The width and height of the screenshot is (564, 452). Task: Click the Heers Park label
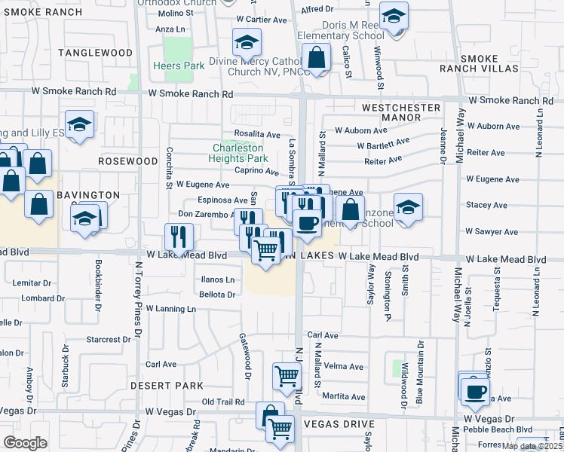point(184,66)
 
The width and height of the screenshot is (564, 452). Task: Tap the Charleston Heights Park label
point(240,153)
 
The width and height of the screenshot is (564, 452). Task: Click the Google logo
point(25,443)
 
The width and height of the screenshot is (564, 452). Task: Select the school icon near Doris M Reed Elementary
point(393,15)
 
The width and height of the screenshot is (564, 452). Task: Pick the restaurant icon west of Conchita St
point(179,237)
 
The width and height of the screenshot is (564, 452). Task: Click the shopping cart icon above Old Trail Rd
point(287,376)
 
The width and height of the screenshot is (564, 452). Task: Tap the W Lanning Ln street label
point(170,309)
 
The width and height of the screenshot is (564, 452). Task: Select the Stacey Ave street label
point(486,204)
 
